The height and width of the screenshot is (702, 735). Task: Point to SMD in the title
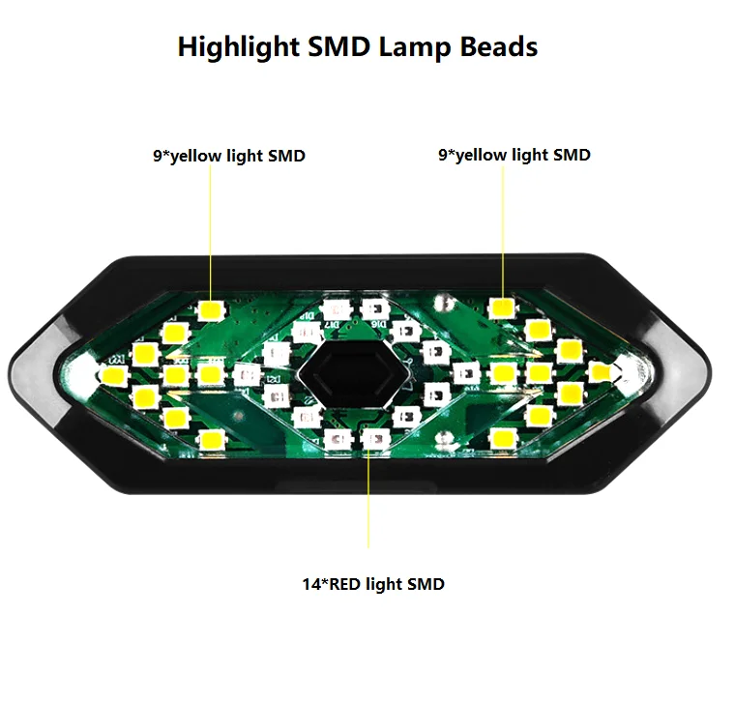tap(338, 46)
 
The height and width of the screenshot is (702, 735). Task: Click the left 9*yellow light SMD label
tap(229, 155)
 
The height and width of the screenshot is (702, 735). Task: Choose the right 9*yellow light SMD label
tap(514, 154)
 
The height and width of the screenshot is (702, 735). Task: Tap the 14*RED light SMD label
tap(373, 584)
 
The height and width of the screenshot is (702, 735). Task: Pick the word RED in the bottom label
tap(342, 584)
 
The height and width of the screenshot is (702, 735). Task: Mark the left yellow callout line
tap(211, 232)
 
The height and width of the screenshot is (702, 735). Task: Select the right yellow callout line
tap(502, 232)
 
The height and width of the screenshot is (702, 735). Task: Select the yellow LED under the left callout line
tap(210, 310)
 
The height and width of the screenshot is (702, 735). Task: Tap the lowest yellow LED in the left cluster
tap(210, 440)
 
